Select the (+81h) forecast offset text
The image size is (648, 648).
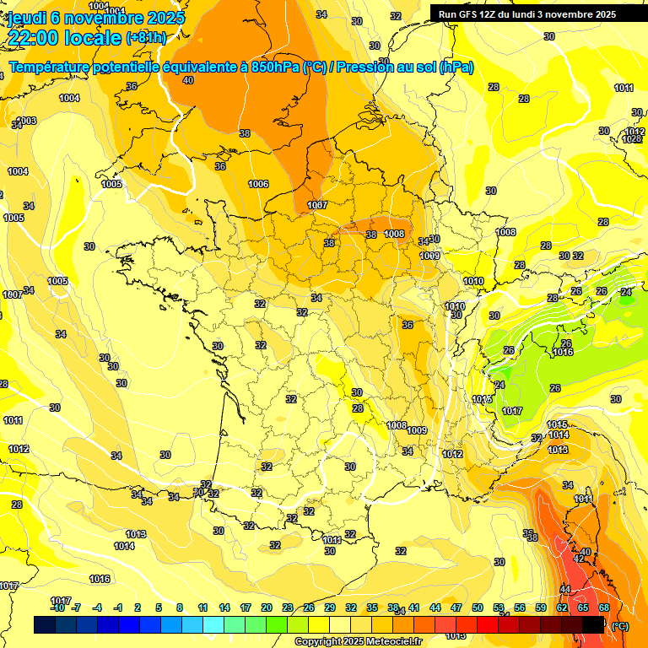click(x=146, y=38)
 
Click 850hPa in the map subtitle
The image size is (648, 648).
click(x=275, y=67)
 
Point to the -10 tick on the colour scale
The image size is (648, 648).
click(x=57, y=607)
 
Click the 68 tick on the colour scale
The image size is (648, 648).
click(x=604, y=607)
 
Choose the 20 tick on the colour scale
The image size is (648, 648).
click(x=266, y=607)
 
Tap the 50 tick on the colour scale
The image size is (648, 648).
click(x=478, y=607)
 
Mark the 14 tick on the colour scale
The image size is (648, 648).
click(x=224, y=607)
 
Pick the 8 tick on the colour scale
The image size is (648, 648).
click(x=180, y=607)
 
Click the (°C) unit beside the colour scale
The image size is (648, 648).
click(x=620, y=626)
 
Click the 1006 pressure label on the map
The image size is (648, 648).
click(x=258, y=184)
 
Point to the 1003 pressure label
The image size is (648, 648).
click(x=26, y=121)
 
